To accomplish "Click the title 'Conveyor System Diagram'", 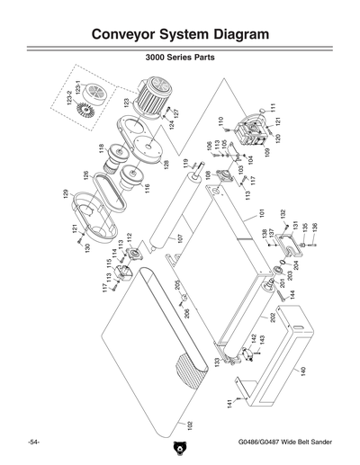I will coord(180,34).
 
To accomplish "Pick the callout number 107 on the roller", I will coord(179,239).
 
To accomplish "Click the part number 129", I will coord(65,194).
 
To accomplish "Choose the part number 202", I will coord(271,318).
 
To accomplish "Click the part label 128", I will coord(166,165).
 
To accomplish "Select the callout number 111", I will coord(273,107).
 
